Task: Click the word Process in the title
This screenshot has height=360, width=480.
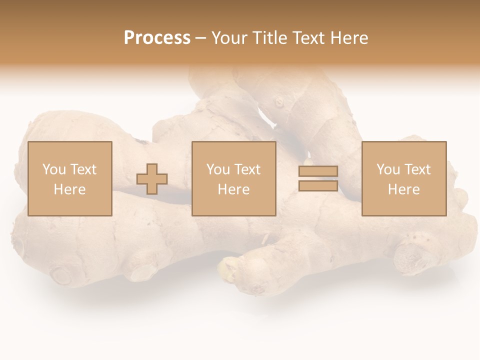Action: [x=157, y=37]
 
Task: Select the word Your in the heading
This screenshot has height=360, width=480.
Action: [x=229, y=38]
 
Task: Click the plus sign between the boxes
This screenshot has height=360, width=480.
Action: [x=152, y=179]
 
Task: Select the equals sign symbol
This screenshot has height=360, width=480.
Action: [x=318, y=178]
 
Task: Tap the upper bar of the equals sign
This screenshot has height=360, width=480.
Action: [x=318, y=171]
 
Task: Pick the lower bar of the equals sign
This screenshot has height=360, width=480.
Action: [x=318, y=185]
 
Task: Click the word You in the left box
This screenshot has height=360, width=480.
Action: [x=54, y=169]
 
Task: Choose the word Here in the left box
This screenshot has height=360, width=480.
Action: [x=69, y=189]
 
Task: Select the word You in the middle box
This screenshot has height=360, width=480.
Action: [x=218, y=169]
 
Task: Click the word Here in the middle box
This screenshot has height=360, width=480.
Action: [x=233, y=189]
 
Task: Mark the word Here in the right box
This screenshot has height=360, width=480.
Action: [x=403, y=189]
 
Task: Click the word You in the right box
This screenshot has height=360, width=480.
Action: [x=388, y=169]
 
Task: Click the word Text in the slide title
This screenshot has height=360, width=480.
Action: [x=309, y=38]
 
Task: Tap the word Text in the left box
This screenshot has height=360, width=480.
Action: [x=83, y=169]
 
